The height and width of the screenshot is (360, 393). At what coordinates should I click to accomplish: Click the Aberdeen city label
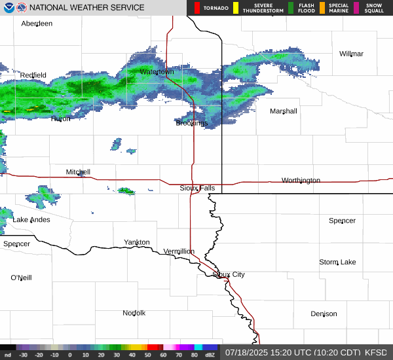[x=37, y=24]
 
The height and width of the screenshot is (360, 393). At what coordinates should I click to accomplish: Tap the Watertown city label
[x=157, y=71]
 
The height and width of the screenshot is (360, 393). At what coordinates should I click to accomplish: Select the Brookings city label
[x=191, y=123]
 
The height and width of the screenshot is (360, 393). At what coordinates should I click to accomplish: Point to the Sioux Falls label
[x=197, y=188]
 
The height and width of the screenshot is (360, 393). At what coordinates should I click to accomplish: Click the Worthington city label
[x=301, y=180]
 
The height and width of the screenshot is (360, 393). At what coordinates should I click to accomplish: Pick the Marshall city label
[x=284, y=111]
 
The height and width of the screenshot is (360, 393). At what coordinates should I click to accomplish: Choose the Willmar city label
[x=351, y=54]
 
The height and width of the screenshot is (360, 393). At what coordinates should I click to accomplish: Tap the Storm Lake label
[x=337, y=262]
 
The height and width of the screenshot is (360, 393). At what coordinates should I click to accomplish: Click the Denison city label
[x=324, y=314]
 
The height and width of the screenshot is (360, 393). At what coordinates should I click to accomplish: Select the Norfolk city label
[x=134, y=313]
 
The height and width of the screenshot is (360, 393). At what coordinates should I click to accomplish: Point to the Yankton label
[x=137, y=242]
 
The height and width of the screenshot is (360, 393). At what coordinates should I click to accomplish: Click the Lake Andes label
[x=31, y=220]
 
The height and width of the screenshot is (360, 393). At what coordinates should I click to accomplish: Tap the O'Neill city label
[x=21, y=278]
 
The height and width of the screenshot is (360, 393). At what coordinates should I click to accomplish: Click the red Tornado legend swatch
[x=197, y=8]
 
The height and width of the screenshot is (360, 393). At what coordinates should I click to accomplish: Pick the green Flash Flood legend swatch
[x=291, y=8]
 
